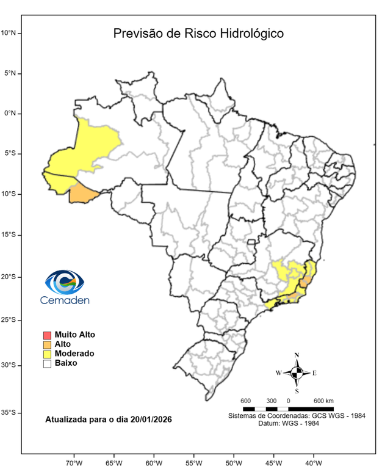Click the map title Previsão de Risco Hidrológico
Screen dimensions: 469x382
point(198,33)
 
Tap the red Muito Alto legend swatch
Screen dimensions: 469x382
point(46,335)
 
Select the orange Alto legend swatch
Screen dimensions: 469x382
point(46,344)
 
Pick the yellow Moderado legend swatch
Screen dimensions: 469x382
point(46,354)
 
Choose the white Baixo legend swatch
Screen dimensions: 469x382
point(46,363)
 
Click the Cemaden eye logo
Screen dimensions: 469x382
point(65,282)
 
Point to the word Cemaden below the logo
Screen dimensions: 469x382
point(65,300)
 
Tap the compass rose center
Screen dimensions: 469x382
point(297,372)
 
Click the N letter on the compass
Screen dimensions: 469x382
point(297,355)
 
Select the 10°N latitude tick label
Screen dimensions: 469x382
point(12,32)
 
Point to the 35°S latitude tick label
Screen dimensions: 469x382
point(12,413)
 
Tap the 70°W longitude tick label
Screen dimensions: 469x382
point(74,463)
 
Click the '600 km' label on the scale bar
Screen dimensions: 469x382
point(323,401)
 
